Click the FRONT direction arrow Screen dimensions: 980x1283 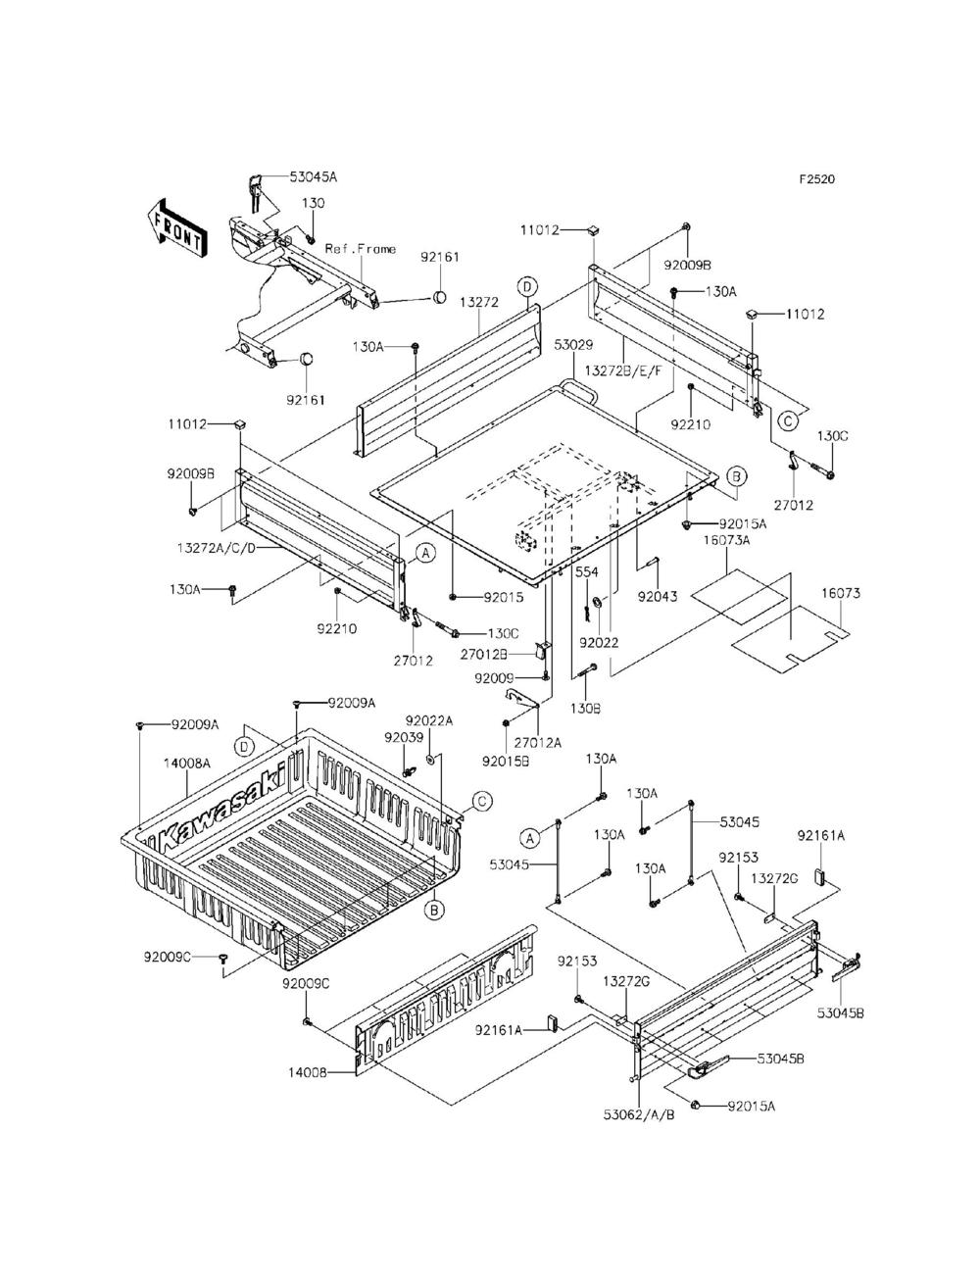(x=175, y=228)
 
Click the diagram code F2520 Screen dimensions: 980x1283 (x=817, y=179)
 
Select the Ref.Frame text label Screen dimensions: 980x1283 (x=360, y=249)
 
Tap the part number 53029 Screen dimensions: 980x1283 (x=574, y=345)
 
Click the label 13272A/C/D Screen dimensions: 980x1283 (x=216, y=548)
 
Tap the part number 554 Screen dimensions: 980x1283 (x=587, y=572)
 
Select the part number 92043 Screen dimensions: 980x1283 (x=658, y=597)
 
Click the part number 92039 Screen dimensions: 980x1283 (x=404, y=738)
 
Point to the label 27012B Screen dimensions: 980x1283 (x=483, y=654)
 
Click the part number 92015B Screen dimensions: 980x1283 (x=506, y=763)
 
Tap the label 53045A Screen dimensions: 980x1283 (x=314, y=177)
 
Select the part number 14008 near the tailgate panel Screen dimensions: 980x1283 (x=307, y=1072)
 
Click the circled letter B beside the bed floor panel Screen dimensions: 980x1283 (x=736, y=476)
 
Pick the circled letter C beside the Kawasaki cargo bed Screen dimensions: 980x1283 (x=481, y=801)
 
